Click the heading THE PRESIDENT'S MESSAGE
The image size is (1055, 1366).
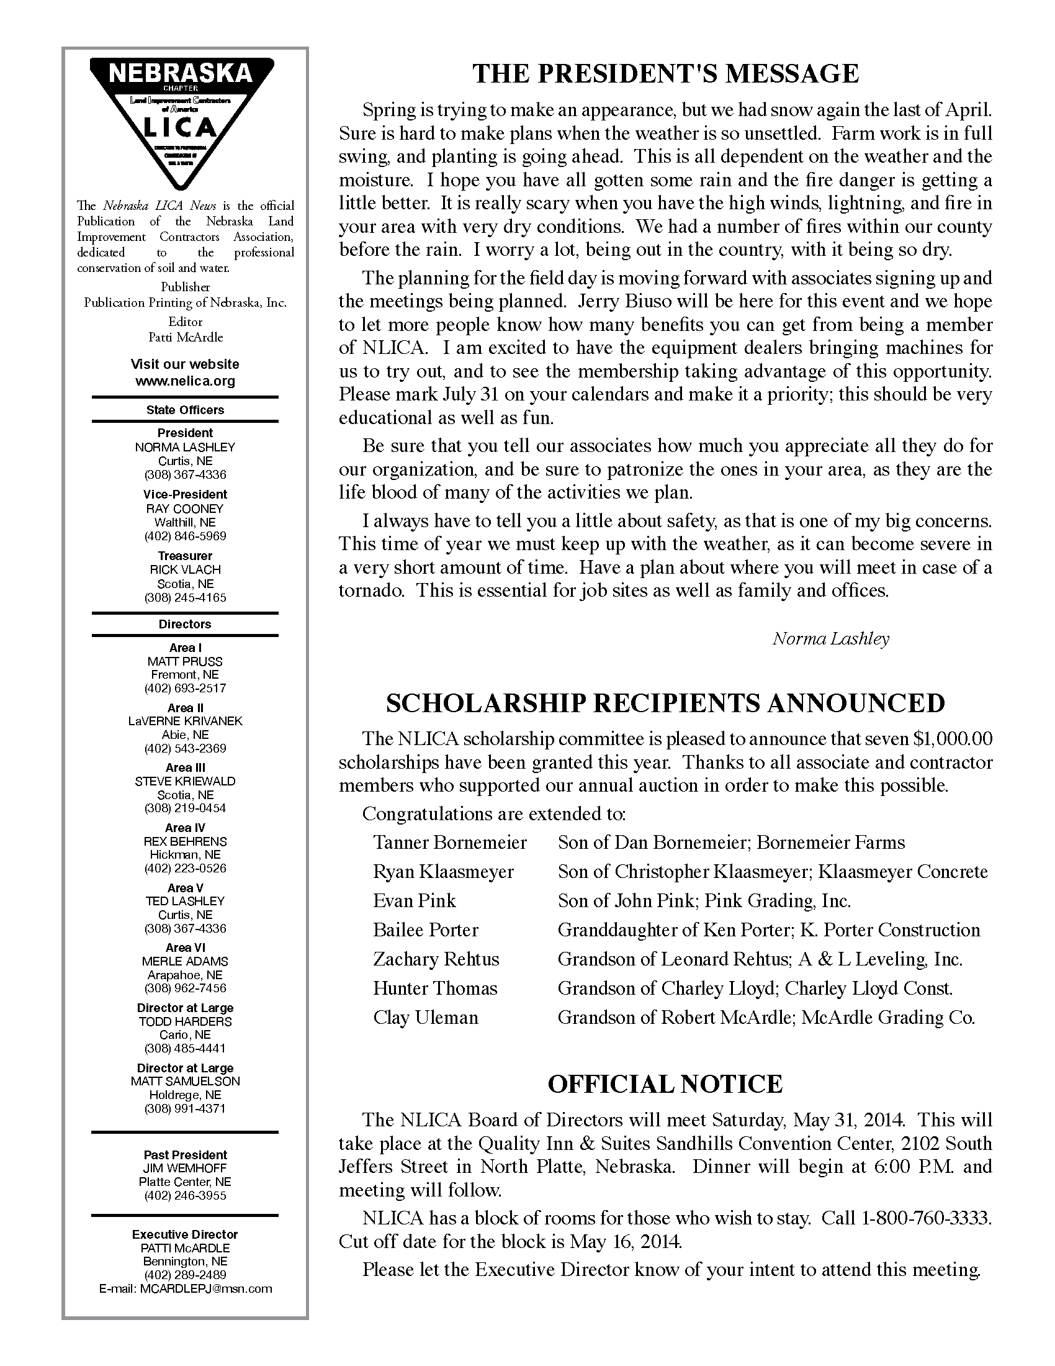click(665, 74)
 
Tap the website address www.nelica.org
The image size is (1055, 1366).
click(185, 381)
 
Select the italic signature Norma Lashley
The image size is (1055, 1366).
click(830, 638)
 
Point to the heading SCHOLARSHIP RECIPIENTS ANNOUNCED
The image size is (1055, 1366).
click(665, 703)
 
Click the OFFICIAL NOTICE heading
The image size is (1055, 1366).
click(665, 1084)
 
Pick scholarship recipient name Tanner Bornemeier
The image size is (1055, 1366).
click(450, 843)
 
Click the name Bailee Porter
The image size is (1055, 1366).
click(426, 930)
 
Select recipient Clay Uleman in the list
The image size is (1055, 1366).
click(426, 1018)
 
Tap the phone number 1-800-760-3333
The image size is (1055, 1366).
click(926, 1218)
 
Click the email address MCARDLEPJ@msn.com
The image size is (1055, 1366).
click(206, 1288)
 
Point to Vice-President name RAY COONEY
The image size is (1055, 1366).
click(185, 509)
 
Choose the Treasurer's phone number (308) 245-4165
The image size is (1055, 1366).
click(185, 597)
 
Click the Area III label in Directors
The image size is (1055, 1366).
click(185, 767)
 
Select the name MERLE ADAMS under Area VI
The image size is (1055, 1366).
click(185, 961)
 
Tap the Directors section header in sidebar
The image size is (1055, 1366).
click(185, 624)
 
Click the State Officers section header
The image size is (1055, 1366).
click(185, 410)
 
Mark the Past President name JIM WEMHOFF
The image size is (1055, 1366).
click(185, 1168)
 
